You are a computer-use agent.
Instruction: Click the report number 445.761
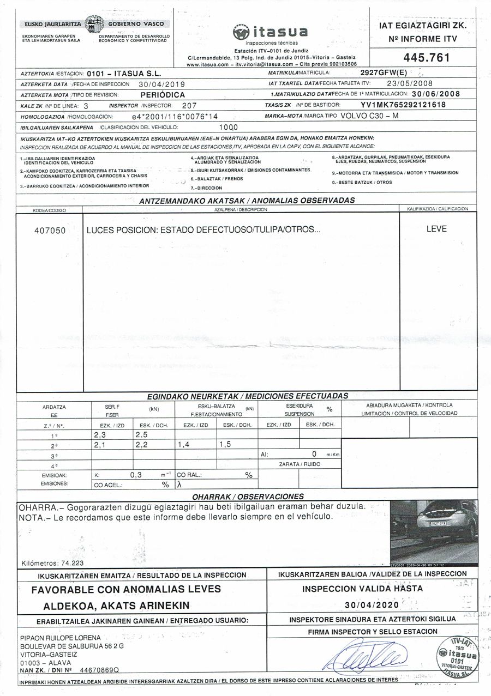(x=422, y=57)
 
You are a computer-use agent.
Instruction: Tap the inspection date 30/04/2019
(x=162, y=84)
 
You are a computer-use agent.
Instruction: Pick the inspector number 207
(x=189, y=105)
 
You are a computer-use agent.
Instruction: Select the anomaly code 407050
(x=50, y=230)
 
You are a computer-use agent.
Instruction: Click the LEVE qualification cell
(x=436, y=229)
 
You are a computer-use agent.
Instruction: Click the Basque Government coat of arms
(x=95, y=25)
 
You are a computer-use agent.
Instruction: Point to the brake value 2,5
(x=141, y=434)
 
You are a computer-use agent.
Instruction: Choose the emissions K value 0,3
(x=136, y=475)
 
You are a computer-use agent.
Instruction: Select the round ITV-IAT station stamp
(x=457, y=655)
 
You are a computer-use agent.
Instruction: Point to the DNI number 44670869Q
(x=99, y=669)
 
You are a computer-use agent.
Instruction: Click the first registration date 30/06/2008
(x=436, y=94)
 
